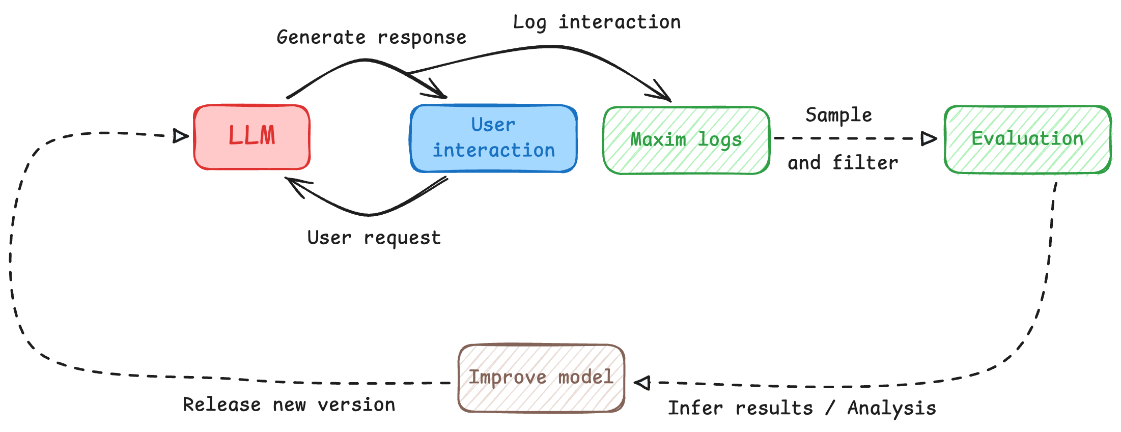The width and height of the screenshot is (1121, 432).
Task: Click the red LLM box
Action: click(251, 136)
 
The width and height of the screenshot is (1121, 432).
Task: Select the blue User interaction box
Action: click(493, 138)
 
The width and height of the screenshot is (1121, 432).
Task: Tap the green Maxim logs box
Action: click(686, 140)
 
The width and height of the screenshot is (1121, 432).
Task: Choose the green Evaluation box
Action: click(1027, 139)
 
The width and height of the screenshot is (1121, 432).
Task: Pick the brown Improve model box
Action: click(541, 378)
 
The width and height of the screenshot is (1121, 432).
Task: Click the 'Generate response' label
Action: click(371, 38)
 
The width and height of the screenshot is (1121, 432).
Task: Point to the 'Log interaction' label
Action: click(596, 22)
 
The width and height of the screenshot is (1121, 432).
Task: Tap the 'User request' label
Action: click(374, 238)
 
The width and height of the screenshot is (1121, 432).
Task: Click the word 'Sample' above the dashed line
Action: click(838, 115)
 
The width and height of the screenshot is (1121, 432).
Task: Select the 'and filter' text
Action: click(843, 163)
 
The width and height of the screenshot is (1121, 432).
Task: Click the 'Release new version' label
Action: click(289, 405)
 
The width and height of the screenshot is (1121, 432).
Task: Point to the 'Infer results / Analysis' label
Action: click(801, 408)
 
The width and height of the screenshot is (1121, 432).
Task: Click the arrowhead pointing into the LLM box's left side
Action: click(179, 136)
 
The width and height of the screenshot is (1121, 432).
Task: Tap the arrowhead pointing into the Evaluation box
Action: click(929, 138)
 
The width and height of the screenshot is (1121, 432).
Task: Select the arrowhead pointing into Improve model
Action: click(643, 383)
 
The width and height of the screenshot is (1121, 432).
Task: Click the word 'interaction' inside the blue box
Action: click(493, 151)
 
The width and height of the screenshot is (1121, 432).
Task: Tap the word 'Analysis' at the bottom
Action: click(891, 408)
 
